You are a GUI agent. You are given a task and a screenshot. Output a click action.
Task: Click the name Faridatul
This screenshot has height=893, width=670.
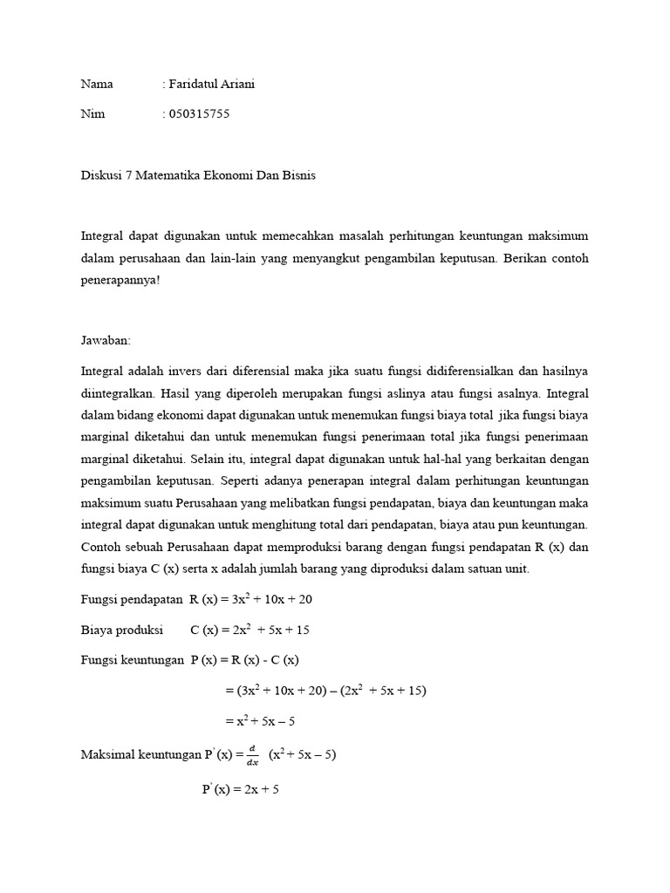pos(194,85)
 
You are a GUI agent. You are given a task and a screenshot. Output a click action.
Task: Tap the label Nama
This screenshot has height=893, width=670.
pos(97,85)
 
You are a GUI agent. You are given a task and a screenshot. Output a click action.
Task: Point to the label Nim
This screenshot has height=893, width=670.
pos(92,114)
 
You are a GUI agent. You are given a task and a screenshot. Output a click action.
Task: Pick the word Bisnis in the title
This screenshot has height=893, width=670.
pos(297,175)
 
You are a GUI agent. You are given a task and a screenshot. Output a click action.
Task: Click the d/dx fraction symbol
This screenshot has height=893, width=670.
pos(253,754)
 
